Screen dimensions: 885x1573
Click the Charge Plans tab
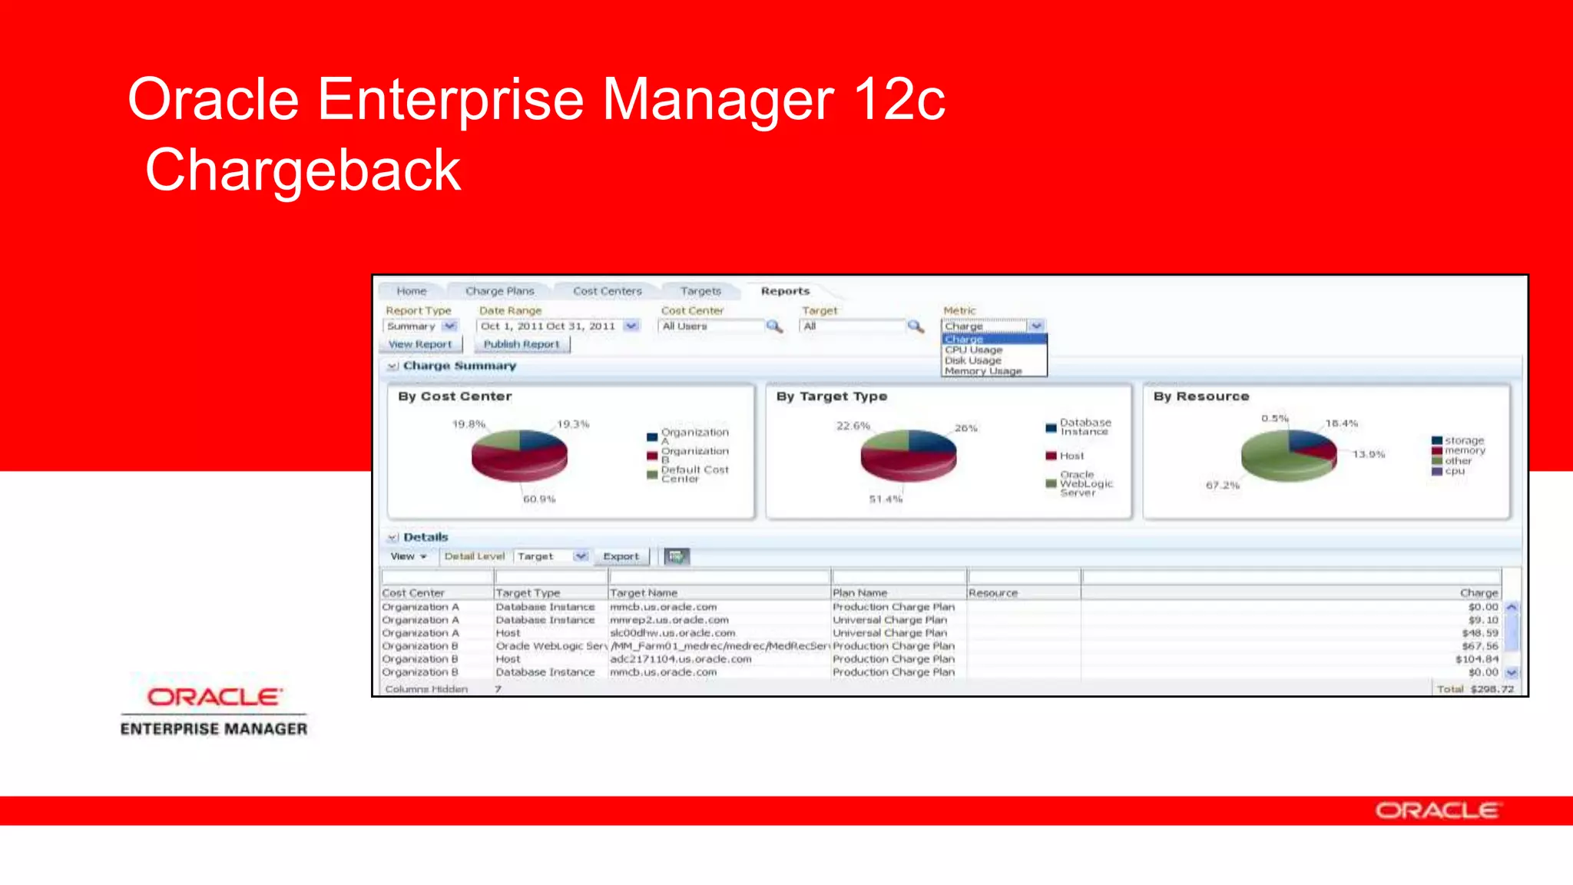point(499,291)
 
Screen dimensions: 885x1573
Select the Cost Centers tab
point(607,291)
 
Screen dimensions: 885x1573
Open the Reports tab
point(785,291)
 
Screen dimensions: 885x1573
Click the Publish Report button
point(522,344)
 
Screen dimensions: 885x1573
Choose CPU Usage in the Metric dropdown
point(973,350)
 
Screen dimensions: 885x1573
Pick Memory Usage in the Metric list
point(982,371)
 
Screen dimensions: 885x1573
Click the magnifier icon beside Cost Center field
point(774,326)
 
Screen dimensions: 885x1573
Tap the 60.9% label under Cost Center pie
point(539,499)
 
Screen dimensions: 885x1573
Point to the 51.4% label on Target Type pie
point(886,499)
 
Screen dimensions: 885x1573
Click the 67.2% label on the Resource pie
point(1222,486)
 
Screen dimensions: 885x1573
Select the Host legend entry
point(1071,456)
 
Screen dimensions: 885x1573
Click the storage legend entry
point(1464,441)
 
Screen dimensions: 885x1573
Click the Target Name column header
point(644,593)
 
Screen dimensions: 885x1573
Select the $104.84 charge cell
point(1476,659)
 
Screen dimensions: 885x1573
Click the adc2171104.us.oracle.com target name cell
point(681,659)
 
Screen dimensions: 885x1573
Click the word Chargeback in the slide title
point(303,171)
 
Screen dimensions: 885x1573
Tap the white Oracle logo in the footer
point(1436,811)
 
